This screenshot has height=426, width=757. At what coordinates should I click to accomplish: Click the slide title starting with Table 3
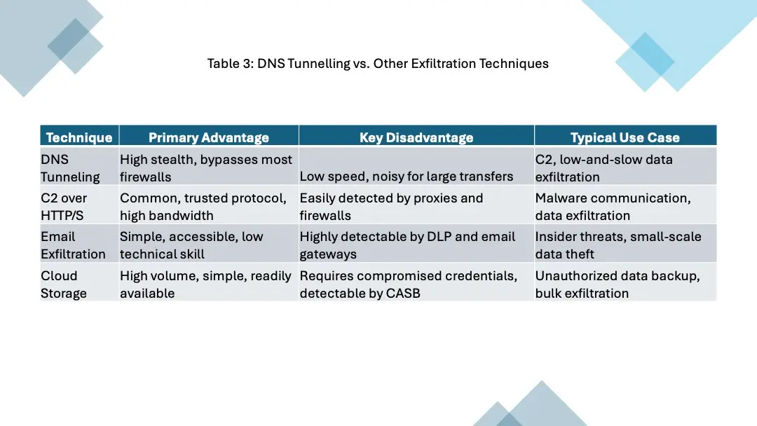[378, 64]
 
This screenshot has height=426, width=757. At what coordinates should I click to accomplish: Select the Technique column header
[79, 137]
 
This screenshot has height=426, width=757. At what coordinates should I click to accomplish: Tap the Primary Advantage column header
[209, 137]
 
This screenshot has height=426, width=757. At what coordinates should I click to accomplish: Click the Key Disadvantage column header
[416, 137]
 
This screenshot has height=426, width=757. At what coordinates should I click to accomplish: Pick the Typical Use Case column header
[625, 137]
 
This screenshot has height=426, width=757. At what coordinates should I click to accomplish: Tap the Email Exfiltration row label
[73, 245]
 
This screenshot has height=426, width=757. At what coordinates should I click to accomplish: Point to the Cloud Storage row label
[63, 284]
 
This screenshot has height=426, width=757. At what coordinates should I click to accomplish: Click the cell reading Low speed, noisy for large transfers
[407, 177]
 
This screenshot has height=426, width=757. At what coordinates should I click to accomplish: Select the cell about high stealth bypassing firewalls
[206, 168]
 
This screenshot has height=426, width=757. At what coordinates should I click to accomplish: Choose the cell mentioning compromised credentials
[409, 284]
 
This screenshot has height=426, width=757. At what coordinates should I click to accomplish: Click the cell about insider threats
[618, 245]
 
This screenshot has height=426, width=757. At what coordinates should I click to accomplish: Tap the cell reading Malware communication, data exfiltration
[613, 207]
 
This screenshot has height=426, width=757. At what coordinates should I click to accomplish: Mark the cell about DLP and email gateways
[407, 245]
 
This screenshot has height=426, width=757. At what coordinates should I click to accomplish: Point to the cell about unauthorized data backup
[617, 284]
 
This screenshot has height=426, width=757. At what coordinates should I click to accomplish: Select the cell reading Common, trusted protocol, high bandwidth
[203, 207]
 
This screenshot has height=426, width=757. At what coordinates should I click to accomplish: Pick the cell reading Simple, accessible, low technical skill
[191, 245]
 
